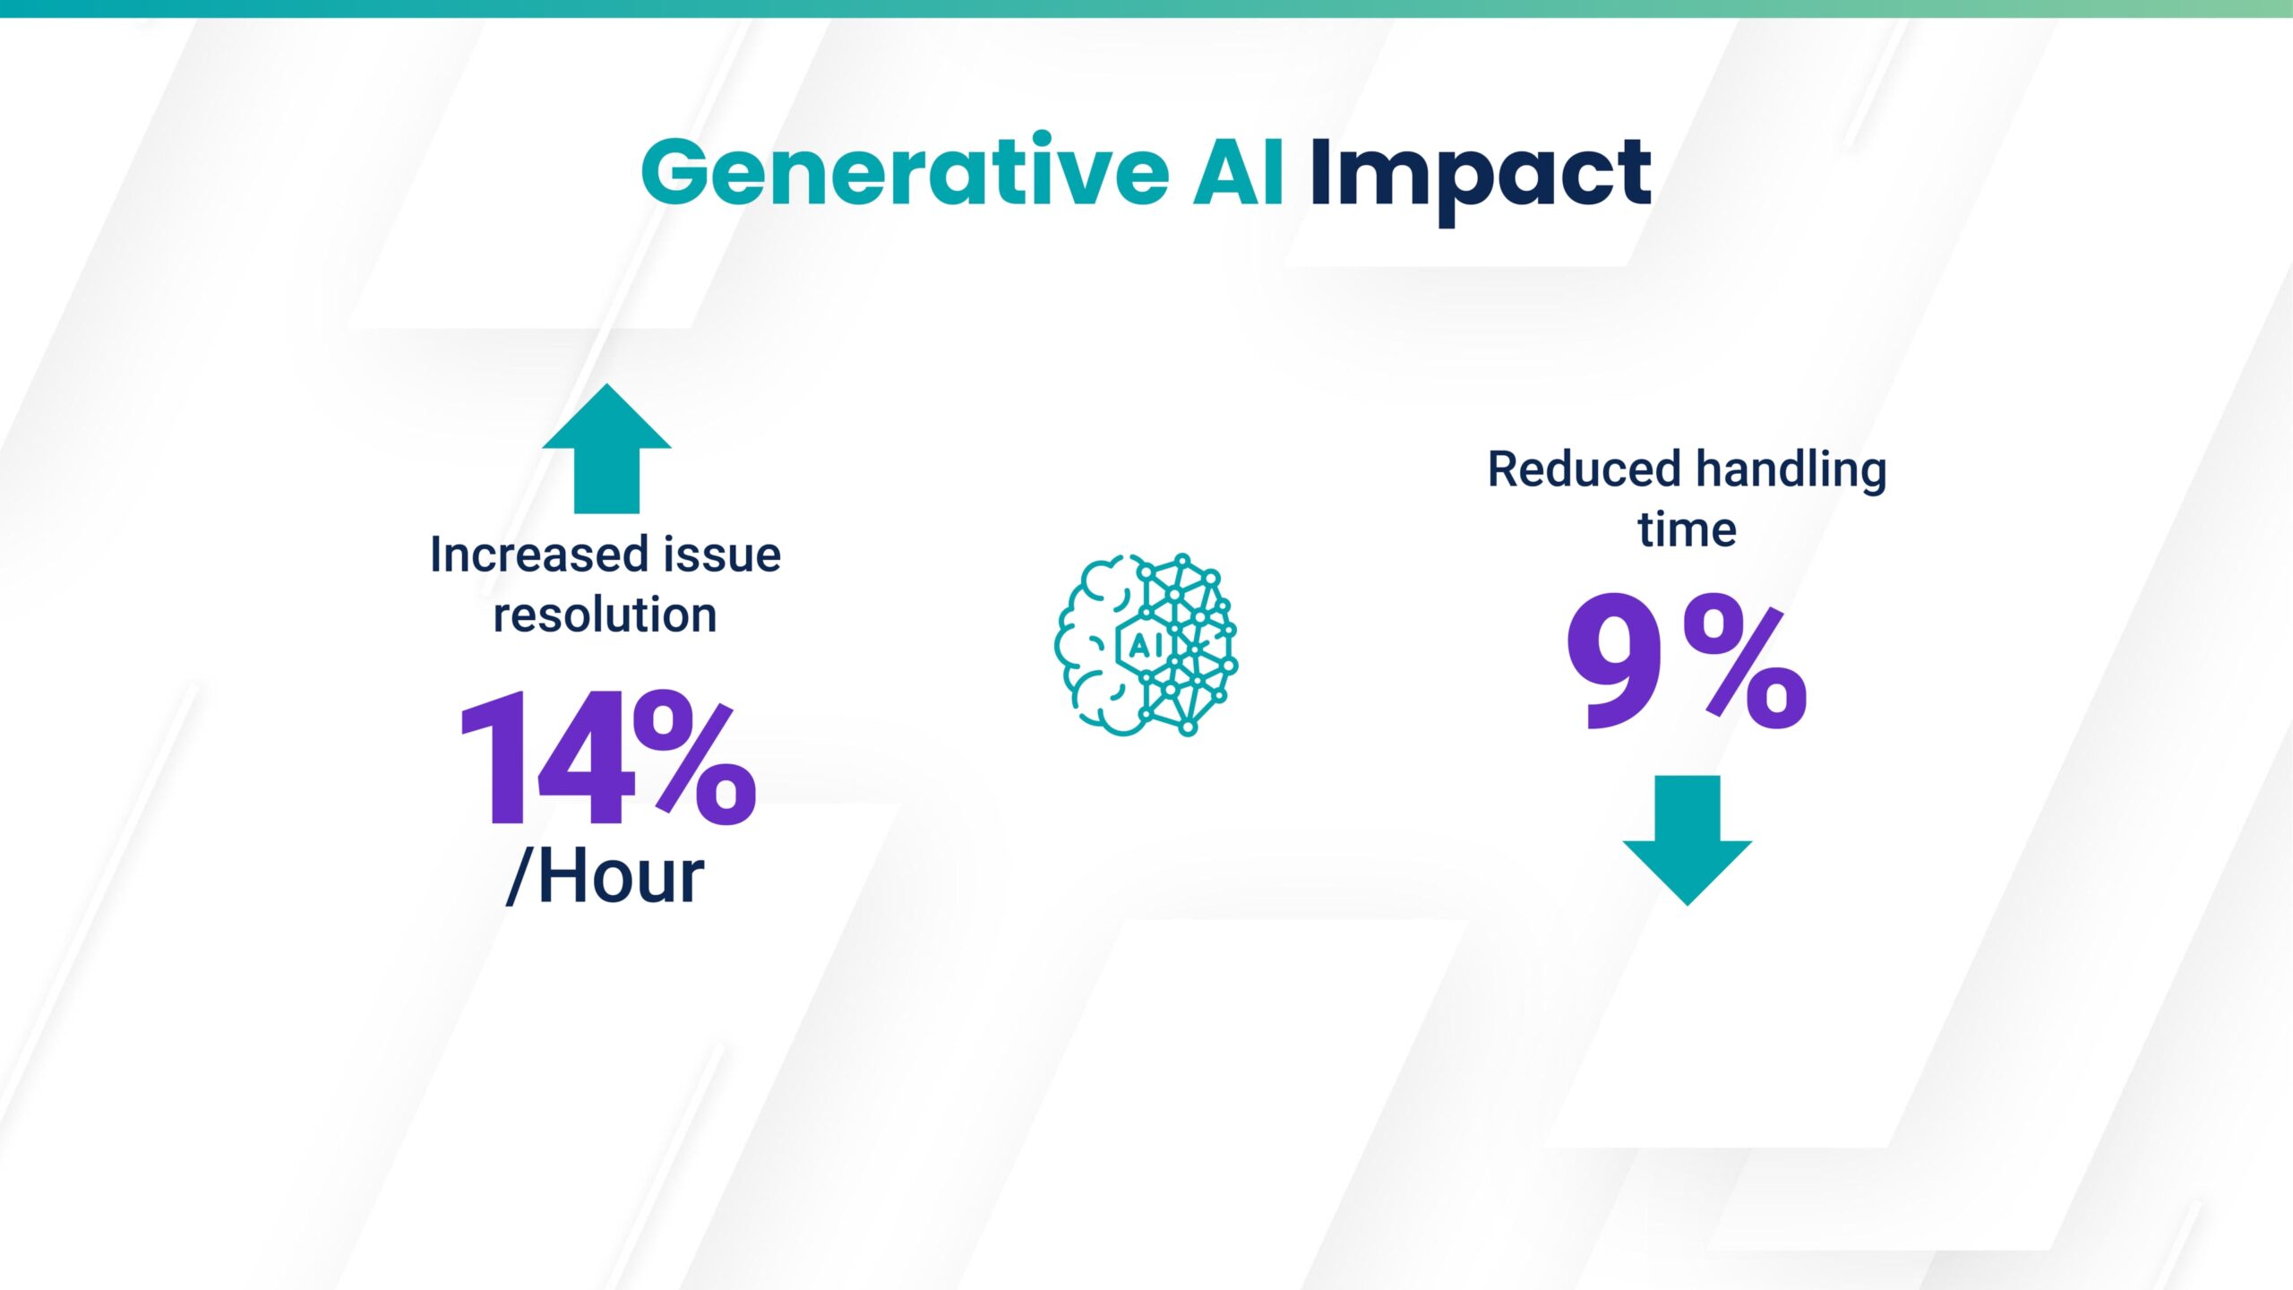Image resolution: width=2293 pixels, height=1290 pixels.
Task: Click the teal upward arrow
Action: pyautogui.click(x=606, y=449)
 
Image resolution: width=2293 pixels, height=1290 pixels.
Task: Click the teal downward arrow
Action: pyautogui.click(x=1688, y=840)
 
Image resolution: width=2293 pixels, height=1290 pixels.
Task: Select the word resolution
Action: pyautogui.click(x=605, y=615)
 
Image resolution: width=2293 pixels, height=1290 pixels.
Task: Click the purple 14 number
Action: pyautogui.click(x=547, y=758)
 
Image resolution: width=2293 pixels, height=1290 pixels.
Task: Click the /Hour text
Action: pyautogui.click(x=605, y=876)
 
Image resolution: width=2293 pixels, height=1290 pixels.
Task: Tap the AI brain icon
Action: pyautogui.click(x=1146, y=645)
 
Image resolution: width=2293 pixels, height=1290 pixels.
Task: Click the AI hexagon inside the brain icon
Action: pyautogui.click(x=1145, y=644)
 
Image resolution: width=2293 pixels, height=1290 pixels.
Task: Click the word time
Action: pyautogui.click(x=1688, y=529)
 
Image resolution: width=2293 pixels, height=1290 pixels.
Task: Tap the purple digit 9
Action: pyautogui.click(x=1613, y=663)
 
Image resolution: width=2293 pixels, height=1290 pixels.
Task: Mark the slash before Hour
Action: pyautogui.click(x=521, y=876)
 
